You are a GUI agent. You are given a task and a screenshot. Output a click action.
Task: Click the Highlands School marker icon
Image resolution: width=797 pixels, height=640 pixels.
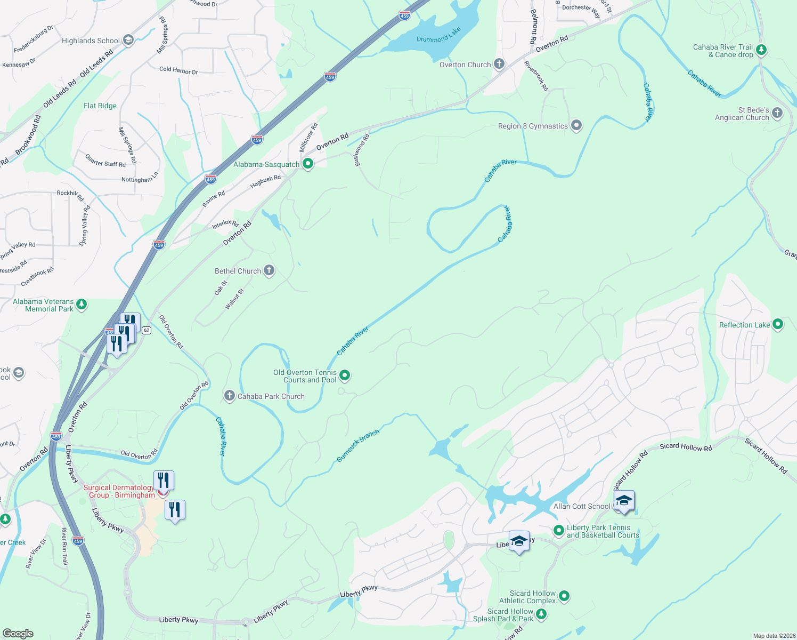[x=128, y=41]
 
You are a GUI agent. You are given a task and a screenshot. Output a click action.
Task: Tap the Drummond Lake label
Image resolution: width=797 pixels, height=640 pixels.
[x=438, y=36]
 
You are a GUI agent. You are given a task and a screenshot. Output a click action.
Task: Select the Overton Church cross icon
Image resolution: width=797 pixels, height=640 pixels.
[x=499, y=65]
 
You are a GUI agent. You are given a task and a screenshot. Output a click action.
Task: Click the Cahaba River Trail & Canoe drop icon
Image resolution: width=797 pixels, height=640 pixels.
[x=761, y=50]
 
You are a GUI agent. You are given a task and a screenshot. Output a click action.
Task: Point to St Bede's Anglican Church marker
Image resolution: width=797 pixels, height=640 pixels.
[x=777, y=113]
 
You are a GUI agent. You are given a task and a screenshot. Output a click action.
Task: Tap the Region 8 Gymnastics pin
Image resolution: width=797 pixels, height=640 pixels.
[x=576, y=126]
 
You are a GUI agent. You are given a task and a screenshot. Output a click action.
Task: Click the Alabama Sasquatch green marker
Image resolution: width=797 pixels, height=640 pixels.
[x=308, y=164]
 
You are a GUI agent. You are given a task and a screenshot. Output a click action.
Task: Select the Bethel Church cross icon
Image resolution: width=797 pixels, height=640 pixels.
[x=269, y=270]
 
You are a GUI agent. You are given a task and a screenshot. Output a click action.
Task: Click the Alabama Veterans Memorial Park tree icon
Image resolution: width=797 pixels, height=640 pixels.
[x=82, y=305]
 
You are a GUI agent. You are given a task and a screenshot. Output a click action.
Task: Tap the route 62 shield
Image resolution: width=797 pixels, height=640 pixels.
[x=147, y=330]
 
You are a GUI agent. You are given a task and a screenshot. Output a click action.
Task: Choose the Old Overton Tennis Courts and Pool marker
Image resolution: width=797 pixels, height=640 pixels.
[x=345, y=375]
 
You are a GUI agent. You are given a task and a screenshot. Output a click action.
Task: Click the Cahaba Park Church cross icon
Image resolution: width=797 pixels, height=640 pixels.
[x=229, y=396]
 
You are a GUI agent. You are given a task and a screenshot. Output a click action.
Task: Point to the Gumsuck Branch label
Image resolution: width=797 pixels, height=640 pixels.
[x=358, y=446]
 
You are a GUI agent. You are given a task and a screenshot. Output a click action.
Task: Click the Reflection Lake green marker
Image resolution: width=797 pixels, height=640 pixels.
[x=777, y=324]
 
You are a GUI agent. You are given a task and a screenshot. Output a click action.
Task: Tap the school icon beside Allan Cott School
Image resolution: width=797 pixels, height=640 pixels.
[x=624, y=501]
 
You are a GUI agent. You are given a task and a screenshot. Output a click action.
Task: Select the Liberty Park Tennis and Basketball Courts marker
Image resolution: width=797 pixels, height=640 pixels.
[x=558, y=530]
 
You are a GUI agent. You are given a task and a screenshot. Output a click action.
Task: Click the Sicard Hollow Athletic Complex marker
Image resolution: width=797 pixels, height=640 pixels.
[x=564, y=596]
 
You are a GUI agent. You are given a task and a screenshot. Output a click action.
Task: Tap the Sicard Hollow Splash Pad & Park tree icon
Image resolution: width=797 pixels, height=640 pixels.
[x=541, y=614]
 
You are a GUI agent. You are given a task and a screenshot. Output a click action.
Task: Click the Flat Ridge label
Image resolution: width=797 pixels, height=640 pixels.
[x=100, y=106]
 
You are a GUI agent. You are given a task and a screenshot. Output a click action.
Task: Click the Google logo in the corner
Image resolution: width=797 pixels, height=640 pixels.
[x=18, y=634]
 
